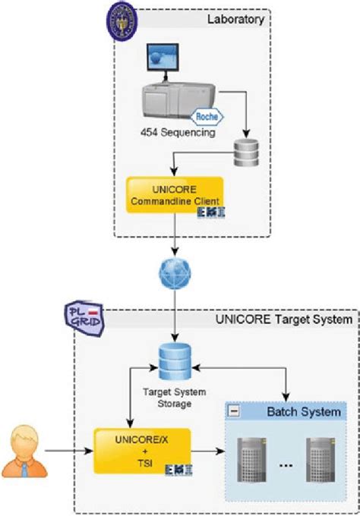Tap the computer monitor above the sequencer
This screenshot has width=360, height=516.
tap(163, 61)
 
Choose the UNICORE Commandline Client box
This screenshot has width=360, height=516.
tap(174, 194)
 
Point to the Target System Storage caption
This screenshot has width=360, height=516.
tap(174, 399)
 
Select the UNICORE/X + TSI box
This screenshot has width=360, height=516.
tap(142, 454)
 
